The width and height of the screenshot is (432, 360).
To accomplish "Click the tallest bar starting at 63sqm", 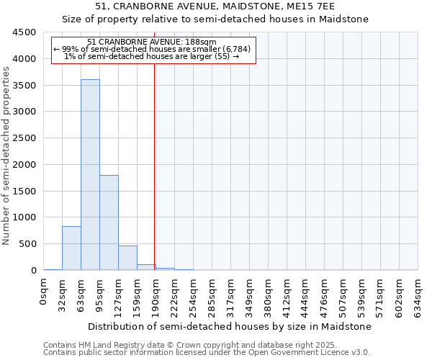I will [90, 175].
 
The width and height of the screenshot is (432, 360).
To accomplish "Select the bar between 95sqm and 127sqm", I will [109, 222].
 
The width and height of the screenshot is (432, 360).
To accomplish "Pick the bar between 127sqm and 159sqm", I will [127, 258].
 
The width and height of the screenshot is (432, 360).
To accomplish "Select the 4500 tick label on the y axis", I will [24, 32].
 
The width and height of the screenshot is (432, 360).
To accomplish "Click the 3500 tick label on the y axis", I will [24, 85].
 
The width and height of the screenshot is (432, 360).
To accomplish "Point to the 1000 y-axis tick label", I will [24, 217].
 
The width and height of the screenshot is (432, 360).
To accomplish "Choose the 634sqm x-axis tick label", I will [418, 294].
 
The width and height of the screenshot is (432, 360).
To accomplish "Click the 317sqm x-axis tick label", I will [230, 294].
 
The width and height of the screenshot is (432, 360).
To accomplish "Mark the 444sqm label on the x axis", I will [305, 294].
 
